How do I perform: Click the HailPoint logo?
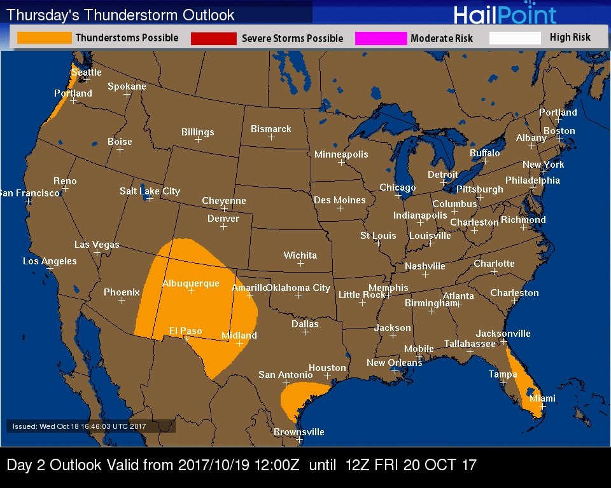[505, 14]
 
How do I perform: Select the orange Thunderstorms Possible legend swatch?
[44, 38]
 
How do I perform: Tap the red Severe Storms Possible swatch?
[213, 39]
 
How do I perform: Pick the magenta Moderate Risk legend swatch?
[381, 39]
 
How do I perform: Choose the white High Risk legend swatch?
[515, 38]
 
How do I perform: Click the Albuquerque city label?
[190, 283]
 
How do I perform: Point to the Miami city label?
[542, 398]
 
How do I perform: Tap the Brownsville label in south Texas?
[298, 432]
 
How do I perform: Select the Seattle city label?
[86, 72]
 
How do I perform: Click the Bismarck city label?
[270, 129]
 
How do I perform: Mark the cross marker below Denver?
[223, 227]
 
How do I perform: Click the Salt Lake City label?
[150, 191]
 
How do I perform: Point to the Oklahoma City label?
[298, 288]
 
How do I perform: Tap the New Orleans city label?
[394, 363]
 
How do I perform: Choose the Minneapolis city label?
[341, 154]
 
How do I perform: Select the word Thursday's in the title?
[42, 15]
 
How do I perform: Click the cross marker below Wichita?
[300, 263]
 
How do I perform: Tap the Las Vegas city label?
[97, 245]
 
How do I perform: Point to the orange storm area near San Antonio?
[299, 397]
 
